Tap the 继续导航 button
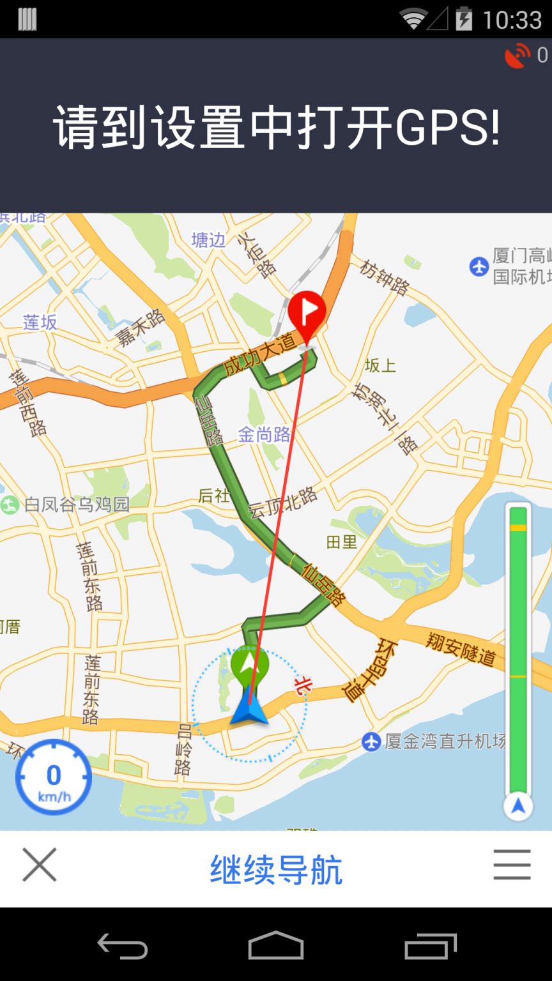click(276, 869)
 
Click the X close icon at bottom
click(40, 865)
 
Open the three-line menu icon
click(512, 865)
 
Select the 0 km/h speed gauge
click(54, 777)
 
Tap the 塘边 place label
click(209, 240)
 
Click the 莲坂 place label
click(40, 323)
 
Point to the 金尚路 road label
click(264, 435)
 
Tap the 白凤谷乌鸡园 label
click(77, 505)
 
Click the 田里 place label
click(342, 542)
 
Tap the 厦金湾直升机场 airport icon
click(371, 741)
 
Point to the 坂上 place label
click(381, 366)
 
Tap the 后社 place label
click(213, 496)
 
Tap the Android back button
click(122, 945)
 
